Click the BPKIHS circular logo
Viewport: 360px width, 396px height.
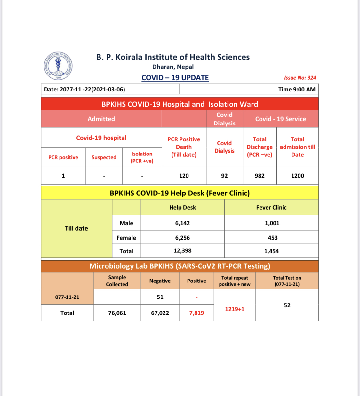point(58,66)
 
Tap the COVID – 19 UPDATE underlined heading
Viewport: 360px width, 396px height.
point(175,78)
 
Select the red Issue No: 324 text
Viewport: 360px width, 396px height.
point(300,78)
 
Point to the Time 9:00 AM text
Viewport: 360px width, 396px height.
point(297,89)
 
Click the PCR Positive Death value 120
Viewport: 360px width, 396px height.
point(184,176)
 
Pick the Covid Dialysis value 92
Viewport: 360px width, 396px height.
point(224,176)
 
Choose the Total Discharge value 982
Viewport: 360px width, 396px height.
point(260,176)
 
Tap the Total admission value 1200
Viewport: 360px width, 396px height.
point(297,176)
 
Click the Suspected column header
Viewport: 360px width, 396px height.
point(104,157)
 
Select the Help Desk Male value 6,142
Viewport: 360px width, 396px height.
point(182,223)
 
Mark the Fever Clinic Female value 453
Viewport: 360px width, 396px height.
point(273,238)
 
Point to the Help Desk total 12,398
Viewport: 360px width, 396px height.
point(182,251)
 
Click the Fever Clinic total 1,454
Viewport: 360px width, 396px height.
point(271,251)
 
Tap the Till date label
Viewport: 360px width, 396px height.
point(76,228)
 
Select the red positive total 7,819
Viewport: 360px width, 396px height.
point(196,313)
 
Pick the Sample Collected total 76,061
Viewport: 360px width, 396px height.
point(117,313)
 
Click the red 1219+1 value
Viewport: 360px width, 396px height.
point(235,309)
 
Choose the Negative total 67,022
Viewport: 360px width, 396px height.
point(160,313)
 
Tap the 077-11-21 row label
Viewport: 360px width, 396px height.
point(67,297)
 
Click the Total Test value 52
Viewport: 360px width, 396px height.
point(287,305)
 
